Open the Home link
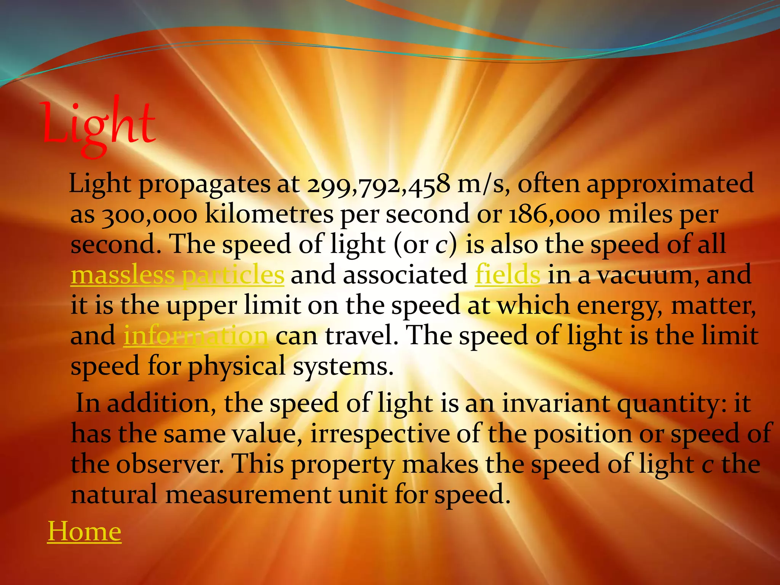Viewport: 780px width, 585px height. (x=84, y=532)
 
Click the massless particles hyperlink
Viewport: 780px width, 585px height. (x=177, y=275)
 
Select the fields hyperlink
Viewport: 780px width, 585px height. (x=507, y=275)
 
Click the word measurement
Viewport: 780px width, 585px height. (x=248, y=495)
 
